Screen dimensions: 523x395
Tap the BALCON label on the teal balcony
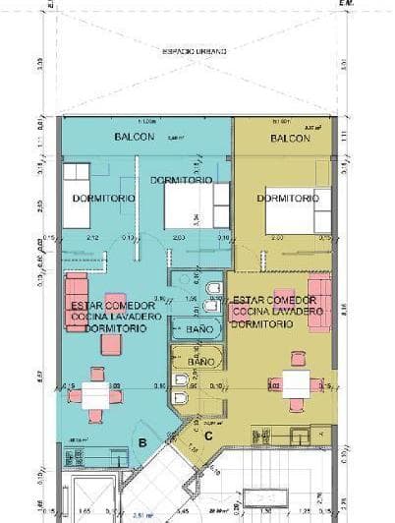(135, 136)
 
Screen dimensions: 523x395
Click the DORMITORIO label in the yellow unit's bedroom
(288, 199)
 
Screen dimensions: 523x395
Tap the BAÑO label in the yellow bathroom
(201, 362)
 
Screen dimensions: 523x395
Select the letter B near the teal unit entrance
(142, 441)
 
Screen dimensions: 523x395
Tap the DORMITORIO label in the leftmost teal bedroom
(94, 199)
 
